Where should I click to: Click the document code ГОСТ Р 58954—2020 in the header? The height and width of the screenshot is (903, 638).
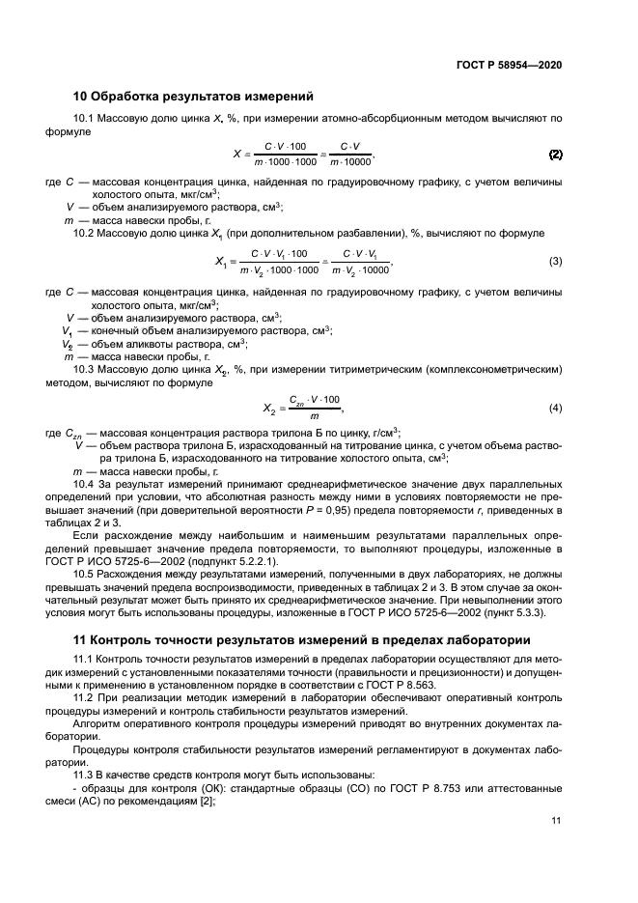(x=509, y=66)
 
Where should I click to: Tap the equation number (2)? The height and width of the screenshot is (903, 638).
(x=555, y=154)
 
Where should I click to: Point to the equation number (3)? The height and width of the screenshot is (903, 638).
(x=555, y=262)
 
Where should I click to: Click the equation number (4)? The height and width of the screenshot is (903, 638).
(x=555, y=408)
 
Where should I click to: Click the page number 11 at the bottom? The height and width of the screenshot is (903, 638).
(x=556, y=821)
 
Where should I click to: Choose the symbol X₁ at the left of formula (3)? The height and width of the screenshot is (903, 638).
(x=221, y=263)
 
